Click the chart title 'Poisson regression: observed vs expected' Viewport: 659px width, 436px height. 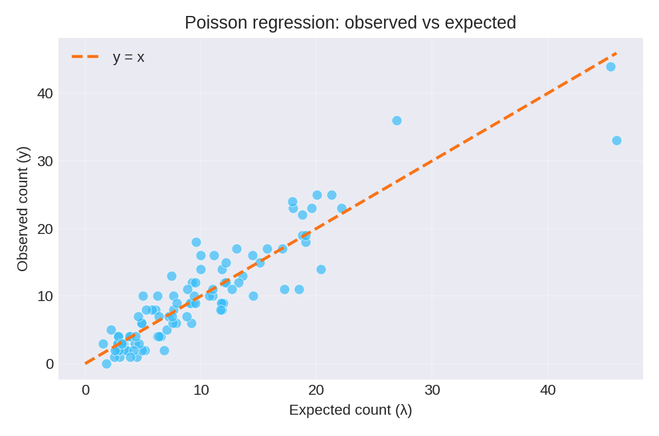click(350, 23)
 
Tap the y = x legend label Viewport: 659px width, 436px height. click(128, 57)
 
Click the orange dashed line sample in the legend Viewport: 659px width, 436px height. click(85, 57)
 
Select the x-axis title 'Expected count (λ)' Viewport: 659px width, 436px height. click(350, 410)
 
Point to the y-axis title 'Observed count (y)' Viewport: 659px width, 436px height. click(23, 209)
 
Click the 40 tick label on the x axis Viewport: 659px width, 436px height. click(547, 390)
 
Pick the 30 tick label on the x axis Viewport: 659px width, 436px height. click(432, 390)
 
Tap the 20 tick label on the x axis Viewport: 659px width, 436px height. click(316, 390)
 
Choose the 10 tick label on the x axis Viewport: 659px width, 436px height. click(201, 390)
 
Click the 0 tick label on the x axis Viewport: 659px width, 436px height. click(86, 390)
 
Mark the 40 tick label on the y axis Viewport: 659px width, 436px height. click(45, 94)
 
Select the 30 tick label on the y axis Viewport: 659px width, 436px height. click(45, 162)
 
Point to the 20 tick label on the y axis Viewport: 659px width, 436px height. click(45, 229)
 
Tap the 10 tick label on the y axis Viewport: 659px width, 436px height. click(45, 296)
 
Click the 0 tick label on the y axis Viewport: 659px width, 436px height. click(50, 364)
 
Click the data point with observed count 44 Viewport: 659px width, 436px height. click(611, 66)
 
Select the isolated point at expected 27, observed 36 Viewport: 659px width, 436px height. click(397, 120)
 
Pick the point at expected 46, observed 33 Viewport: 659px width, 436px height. click(616, 140)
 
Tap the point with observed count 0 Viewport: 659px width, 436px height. click(106, 364)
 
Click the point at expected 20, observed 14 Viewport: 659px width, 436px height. click(321, 269)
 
